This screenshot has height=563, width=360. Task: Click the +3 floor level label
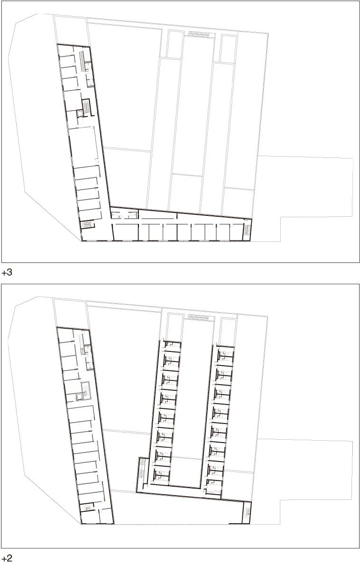coord(7,272)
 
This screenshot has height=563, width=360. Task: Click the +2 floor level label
coord(7,558)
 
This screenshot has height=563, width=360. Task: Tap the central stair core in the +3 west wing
coord(86,105)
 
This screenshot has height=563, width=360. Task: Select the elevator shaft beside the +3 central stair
coord(80,114)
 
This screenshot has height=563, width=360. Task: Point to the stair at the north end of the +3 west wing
coord(82,61)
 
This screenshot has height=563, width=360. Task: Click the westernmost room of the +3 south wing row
coord(126,232)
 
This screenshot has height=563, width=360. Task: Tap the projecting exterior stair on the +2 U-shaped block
coord(142,469)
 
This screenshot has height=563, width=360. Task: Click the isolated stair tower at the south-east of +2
coord(246,513)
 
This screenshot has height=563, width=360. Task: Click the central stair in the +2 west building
coord(85,388)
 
